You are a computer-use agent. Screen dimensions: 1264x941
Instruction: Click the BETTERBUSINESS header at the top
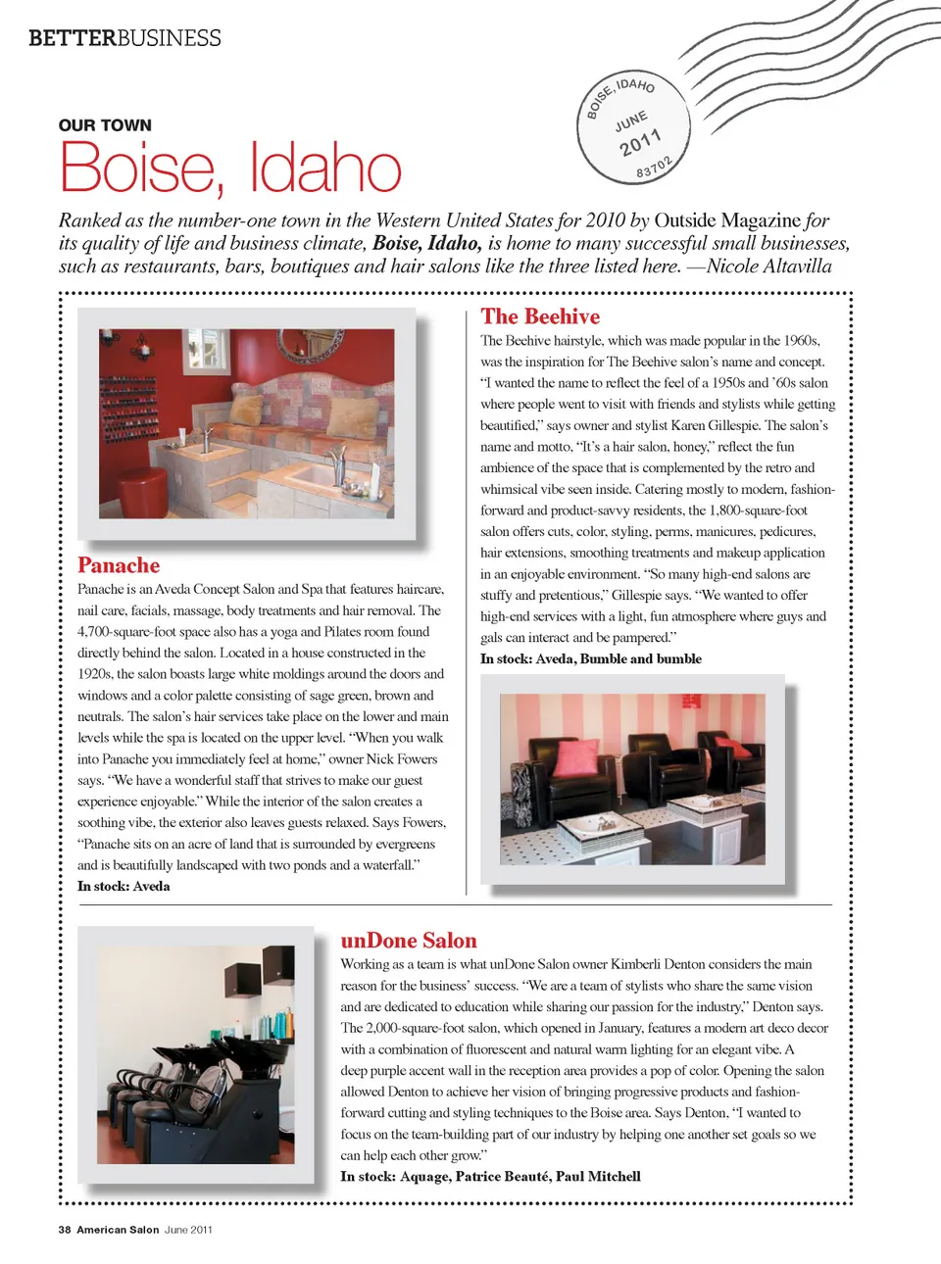click(x=124, y=38)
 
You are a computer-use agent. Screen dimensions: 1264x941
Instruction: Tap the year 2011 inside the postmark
click(x=641, y=142)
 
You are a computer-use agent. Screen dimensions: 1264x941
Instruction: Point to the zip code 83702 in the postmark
click(x=655, y=168)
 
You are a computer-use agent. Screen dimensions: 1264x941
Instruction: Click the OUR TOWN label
click(x=105, y=125)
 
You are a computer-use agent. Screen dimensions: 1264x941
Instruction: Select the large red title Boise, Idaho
click(x=230, y=168)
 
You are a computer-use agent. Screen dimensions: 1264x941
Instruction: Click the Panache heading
click(x=119, y=565)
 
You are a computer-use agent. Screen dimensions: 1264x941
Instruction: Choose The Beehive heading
click(x=540, y=316)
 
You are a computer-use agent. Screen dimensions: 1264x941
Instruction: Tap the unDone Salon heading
click(x=409, y=941)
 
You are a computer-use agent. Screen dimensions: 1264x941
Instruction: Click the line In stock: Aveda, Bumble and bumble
click(x=590, y=658)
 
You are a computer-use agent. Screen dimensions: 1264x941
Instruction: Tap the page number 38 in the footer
click(x=65, y=1230)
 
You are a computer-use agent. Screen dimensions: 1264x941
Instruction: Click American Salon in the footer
click(x=118, y=1230)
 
